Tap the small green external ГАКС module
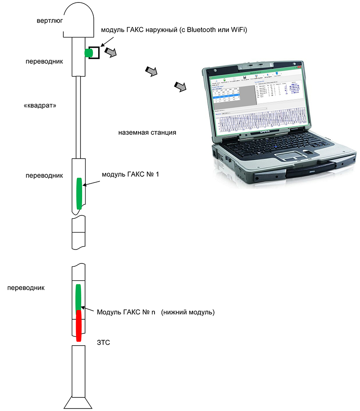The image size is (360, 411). pos(89,53)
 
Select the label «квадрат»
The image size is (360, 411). pos(40,105)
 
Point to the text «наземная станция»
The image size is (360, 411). pos(147,133)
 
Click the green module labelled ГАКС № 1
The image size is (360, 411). pos(79,194)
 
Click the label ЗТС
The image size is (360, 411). pos(103,342)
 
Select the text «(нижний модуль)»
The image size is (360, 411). pos(188,312)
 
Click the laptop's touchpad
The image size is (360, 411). pos(292,155)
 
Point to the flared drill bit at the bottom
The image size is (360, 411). pos(78,402)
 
